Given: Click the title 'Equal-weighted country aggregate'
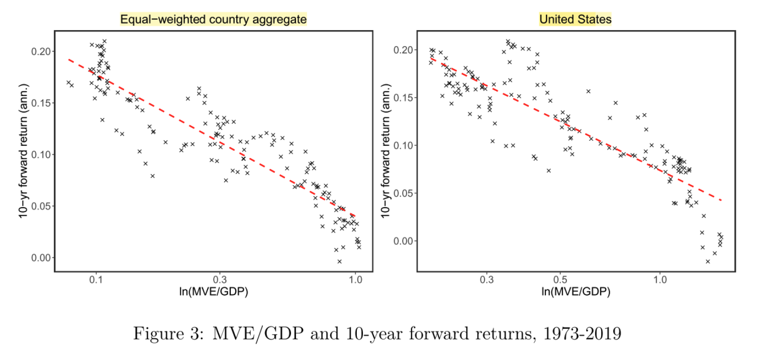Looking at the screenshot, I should click(x=213, y=20).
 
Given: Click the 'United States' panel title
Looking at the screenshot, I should click(x=575, y=20).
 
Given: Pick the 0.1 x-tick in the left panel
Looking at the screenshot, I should click(x=96, y=280).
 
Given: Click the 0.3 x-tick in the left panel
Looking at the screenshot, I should click(x=220, y=280).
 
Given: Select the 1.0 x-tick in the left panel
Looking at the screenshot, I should click(x=355, y=280).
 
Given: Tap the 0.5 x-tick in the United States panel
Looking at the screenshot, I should click(x=559, y=280).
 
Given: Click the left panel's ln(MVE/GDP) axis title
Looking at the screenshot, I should click(x=213, y=292).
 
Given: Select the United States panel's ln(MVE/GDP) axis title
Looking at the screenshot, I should click(x=576, y=292).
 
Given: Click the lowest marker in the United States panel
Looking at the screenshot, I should click(x=708, y=261).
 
